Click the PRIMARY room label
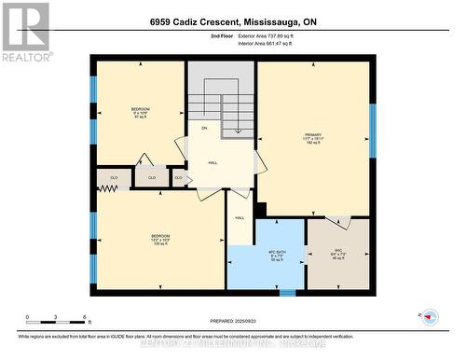tap(311, 139)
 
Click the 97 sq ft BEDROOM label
tap(142, 113)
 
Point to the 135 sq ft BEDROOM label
tap(161, 241)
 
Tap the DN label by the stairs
tap(203, 128)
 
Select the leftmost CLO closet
tap(114, 175)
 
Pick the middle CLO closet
tap(149, 175)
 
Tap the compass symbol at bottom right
tap(430, 316)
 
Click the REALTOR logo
tap(25, 31)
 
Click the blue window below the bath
tap(288, 292)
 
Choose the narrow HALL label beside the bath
tap(240, 218)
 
